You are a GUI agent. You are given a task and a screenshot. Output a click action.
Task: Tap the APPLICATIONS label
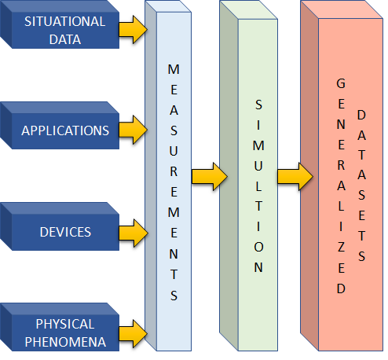(x=64, y=130)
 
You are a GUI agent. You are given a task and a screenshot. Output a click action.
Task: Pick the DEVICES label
(x=64, y=232)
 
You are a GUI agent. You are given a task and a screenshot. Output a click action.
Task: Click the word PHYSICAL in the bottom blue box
(x=64, y=324)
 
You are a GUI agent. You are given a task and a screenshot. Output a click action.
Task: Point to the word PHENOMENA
(x=64, y=342)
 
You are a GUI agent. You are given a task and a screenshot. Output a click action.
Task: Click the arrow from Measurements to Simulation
(x=206, y=174)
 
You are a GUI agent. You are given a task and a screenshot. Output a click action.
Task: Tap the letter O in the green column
(x=258, y=246)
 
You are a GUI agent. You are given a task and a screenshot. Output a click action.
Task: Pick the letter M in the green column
(x=258, y=144)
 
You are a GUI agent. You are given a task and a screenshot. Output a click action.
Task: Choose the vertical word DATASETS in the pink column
(x=361, y=186)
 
